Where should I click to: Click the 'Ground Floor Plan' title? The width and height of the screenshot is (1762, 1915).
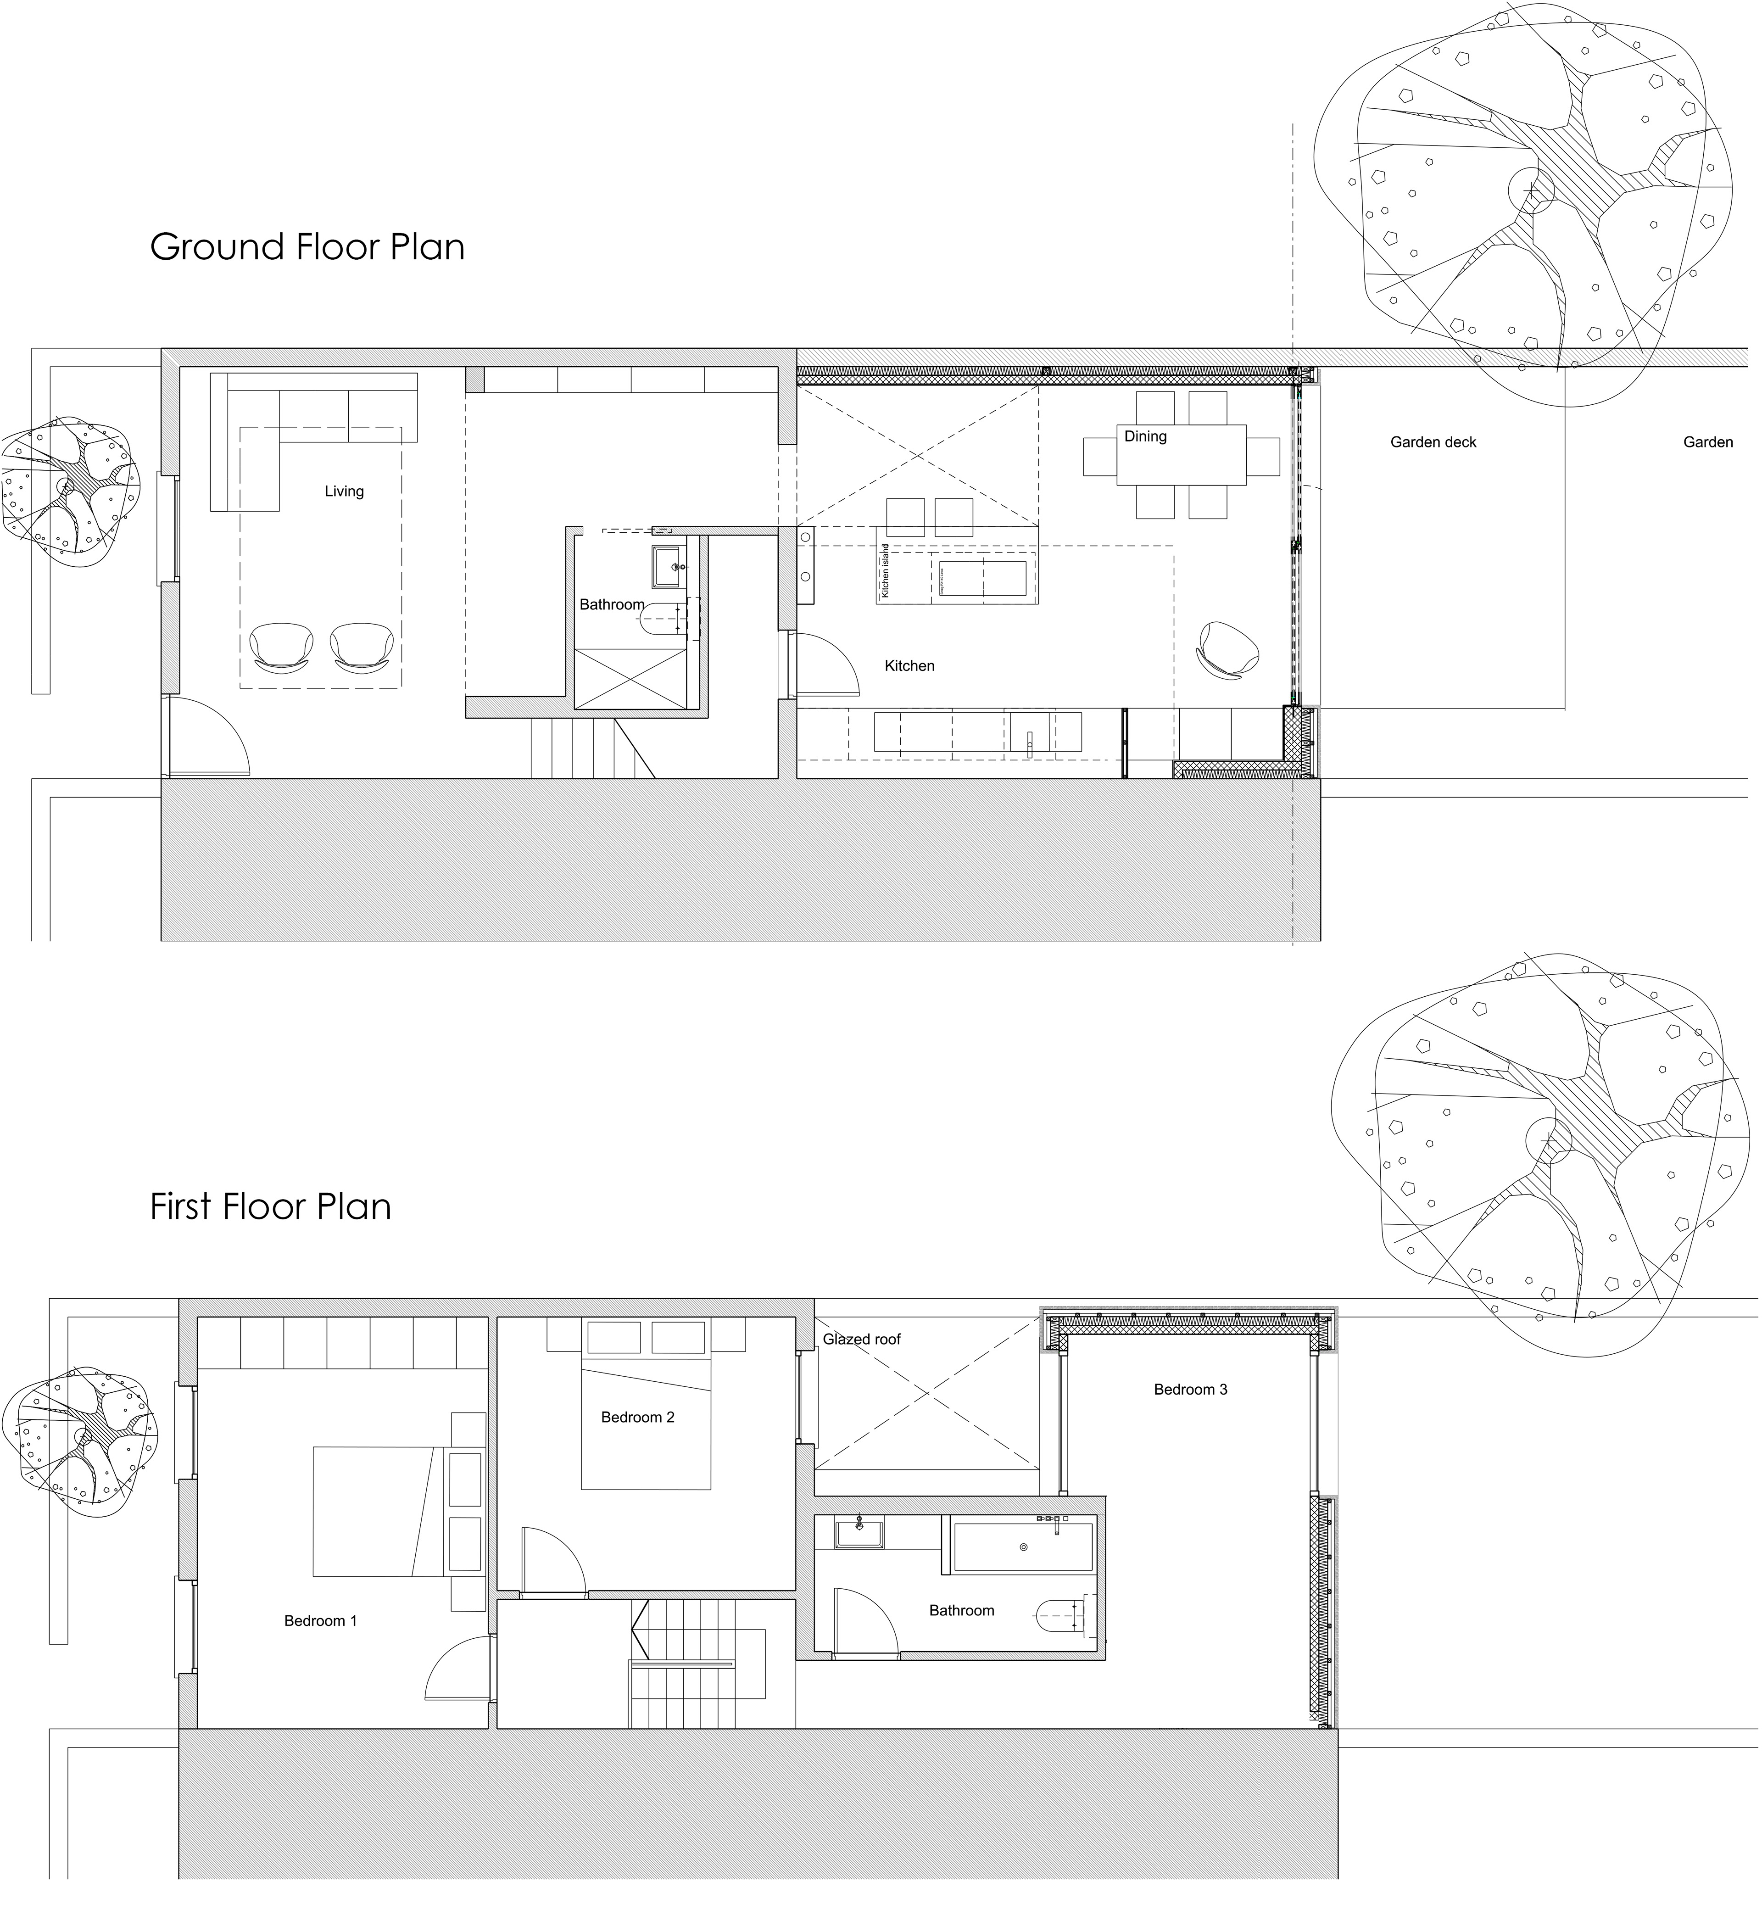pyautogui.click(x=307, y=247)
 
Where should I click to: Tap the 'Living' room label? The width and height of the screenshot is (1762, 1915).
pyautogui.click(x=344, y=491)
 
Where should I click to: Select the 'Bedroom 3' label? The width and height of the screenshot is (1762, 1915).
pyautogui.click(x=1191, y=1390)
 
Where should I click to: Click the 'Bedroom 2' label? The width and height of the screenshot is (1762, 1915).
pyautogui.click(x=638, y=1417)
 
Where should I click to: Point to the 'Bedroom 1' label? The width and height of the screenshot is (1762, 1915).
pyautogui.click(x=320, y=1620)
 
